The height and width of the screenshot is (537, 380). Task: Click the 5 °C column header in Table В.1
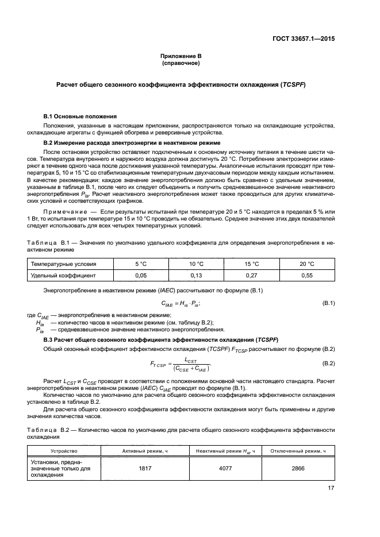(x=141, y=264)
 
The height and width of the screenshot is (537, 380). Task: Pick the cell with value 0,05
(x=141, y=276)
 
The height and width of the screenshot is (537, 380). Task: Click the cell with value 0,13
(x=197, y=276)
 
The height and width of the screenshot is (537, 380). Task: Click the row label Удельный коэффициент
(x=63, y=276)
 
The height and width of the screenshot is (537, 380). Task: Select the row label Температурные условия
(x=63, y=264)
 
